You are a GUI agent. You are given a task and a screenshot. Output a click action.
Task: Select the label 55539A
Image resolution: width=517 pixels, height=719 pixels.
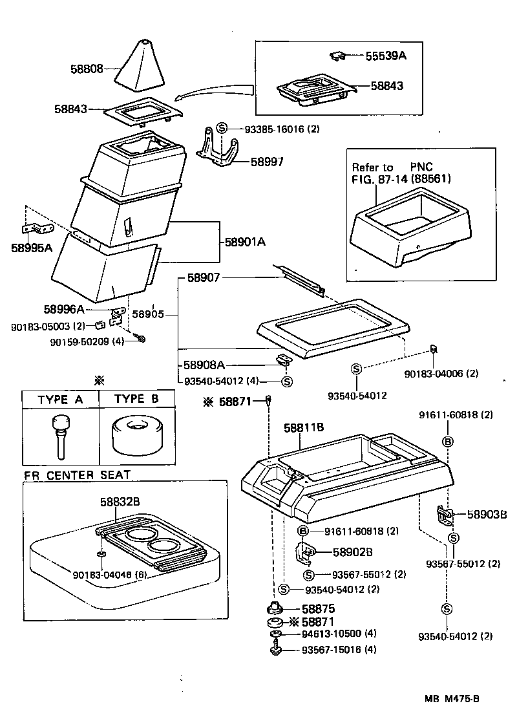[385, 56]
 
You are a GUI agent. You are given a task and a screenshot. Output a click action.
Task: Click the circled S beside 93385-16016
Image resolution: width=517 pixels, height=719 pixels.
[222, 129]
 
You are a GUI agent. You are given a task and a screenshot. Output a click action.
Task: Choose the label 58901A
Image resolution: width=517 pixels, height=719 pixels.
[246, 242]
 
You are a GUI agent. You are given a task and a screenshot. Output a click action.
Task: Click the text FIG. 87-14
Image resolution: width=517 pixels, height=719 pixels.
[379, 179]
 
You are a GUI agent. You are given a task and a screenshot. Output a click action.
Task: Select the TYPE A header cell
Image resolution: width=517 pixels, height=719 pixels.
[60, 399]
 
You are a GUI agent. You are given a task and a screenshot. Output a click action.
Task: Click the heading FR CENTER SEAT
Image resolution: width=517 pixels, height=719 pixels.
[77, 475]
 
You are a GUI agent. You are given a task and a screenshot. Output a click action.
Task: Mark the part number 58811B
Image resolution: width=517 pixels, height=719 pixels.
[304, 428]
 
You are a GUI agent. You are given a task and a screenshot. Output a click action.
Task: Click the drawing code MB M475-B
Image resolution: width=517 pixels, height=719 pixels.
[452, 698]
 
